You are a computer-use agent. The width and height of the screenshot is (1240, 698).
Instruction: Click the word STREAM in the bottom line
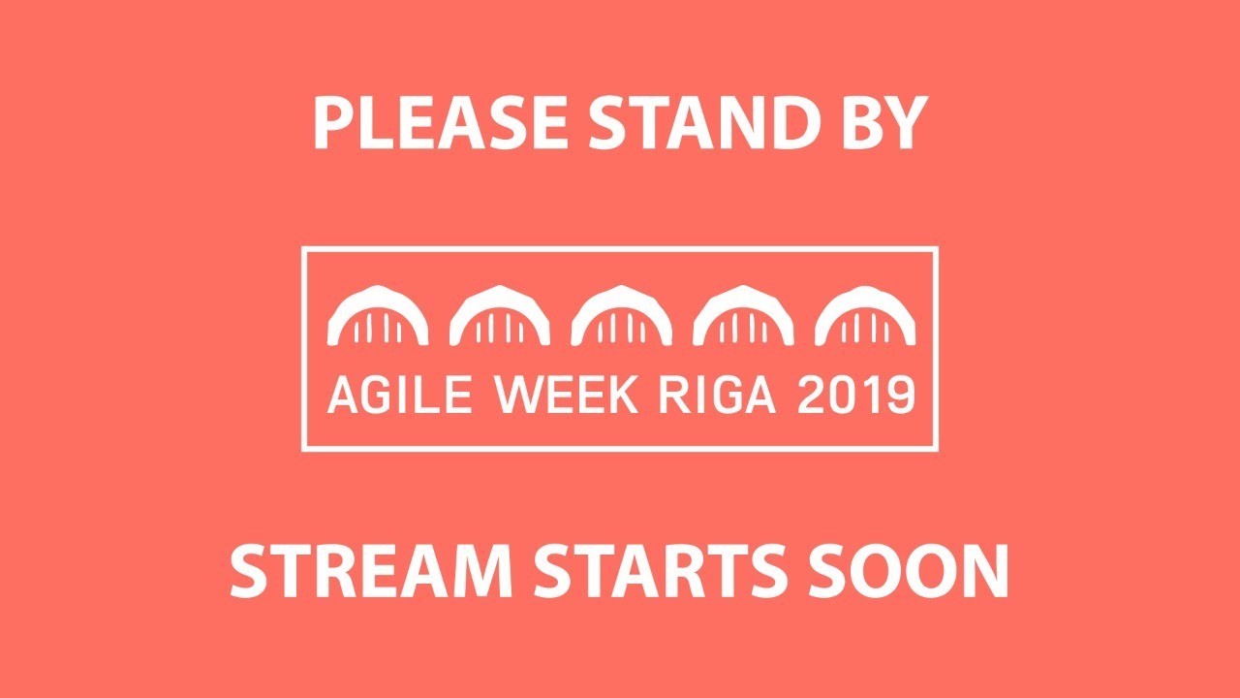pyautogui.click(x=371, y=571)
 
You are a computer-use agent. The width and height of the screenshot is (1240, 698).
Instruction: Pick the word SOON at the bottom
pyautogui.click(x=915, y=571)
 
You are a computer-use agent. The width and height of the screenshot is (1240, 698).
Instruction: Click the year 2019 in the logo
pyautogui.click(x=855, y=397)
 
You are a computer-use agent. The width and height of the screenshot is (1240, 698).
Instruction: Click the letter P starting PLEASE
pyautogui.click(x=330, y=125)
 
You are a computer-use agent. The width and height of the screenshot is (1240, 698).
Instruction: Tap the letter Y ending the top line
pyautogui.click(x=910, y=125)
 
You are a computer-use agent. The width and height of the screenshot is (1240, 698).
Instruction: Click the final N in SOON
pyautogui.click(x=985, y=571)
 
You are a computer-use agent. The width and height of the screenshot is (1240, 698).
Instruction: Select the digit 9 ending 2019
pyautogui.click(x=900, y=397)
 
